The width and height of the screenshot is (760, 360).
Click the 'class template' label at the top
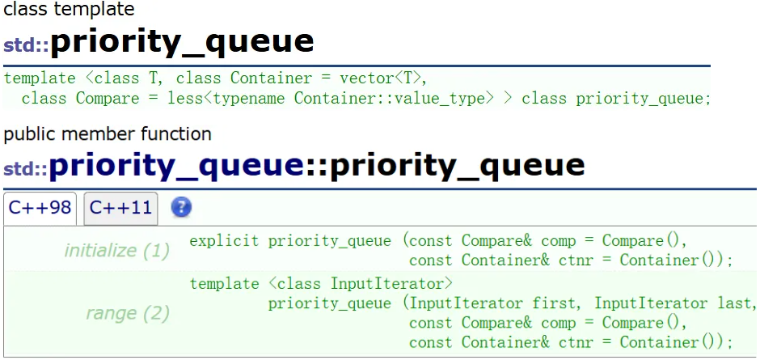[x=69, y=10]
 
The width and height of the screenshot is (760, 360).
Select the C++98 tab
[x=40, y=208]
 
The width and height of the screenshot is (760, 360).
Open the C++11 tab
[x=120, y=208]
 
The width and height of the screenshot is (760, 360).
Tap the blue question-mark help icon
[x=182, y=208]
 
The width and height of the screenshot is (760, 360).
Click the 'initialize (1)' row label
[x=116, y=251]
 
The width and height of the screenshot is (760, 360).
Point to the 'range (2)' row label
[x=127, y=313]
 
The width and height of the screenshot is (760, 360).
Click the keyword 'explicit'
[x=225, y=241]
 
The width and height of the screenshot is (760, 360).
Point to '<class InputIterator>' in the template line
[x=360, y=283]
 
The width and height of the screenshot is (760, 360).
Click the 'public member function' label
[x=108, y=133]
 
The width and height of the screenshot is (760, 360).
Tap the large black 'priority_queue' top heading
[x=182, y=41]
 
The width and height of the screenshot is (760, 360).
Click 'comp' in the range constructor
[x=558, y=323]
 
